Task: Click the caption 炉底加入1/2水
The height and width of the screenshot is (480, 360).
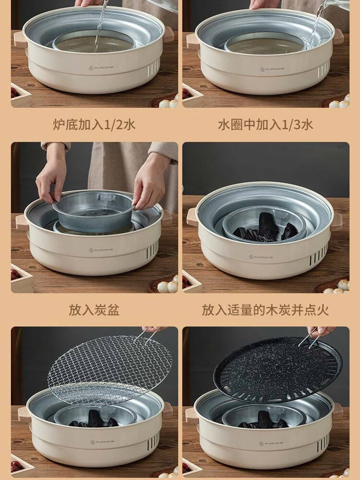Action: coord(94,125)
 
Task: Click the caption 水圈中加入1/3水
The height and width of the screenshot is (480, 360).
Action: coord(265,125)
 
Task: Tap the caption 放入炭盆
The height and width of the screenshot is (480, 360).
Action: coord(94,310)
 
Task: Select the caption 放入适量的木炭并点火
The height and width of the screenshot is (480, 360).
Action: coord(265,310)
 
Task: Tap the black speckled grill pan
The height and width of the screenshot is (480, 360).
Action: coord(277,370)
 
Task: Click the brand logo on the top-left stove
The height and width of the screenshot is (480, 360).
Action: coord(101,68)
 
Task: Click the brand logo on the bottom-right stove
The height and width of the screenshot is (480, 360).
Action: coord(271,443)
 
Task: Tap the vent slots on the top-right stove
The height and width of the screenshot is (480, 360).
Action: coord(324,69)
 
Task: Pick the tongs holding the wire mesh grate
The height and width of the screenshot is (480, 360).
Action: coord(148,334)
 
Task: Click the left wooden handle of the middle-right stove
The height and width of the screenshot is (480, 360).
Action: coord(192,217)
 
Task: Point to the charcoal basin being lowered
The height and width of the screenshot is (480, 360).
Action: coord(94,211)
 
